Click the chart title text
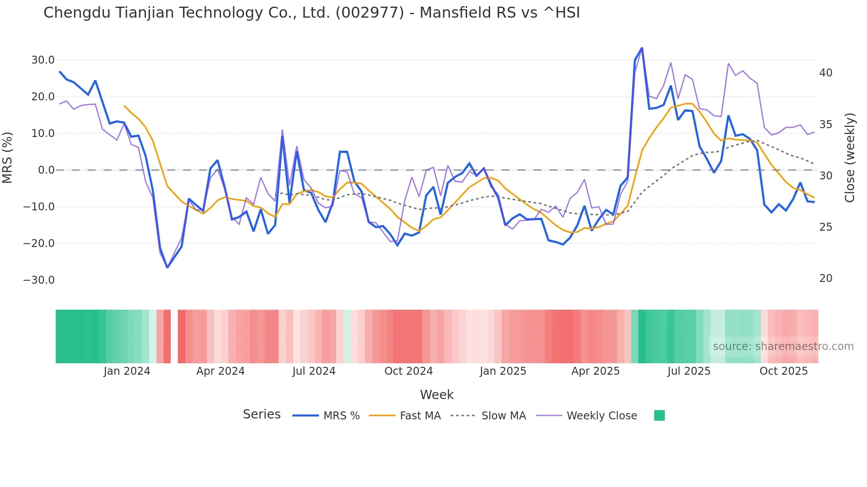point(311,13)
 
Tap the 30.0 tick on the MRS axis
point(43,60)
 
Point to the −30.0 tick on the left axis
point(39,280)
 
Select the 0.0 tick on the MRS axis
point(46,170)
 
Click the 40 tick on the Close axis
point(826,73)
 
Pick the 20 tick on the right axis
point(826,278)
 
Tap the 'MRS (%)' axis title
point(8,157)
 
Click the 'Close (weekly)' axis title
point(850,158)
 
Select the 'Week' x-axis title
point(437,395)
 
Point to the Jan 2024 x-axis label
point(127,371)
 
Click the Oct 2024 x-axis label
point(408,371)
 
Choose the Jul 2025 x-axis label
point(689,371)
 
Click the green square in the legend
point(660,415)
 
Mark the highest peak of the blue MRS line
point(642,48)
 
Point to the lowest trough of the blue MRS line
point(167,267)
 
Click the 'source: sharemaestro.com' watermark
point(783,346)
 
